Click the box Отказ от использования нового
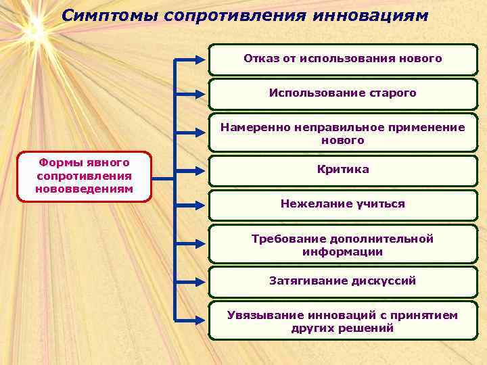342,59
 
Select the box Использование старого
342,93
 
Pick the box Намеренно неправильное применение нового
342,134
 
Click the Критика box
342,170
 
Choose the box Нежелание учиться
342,204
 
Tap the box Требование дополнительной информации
342,245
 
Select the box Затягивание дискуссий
342,281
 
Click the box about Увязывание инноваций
342,322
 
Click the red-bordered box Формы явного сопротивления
85,176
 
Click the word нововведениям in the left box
85,188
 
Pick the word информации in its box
342,252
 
